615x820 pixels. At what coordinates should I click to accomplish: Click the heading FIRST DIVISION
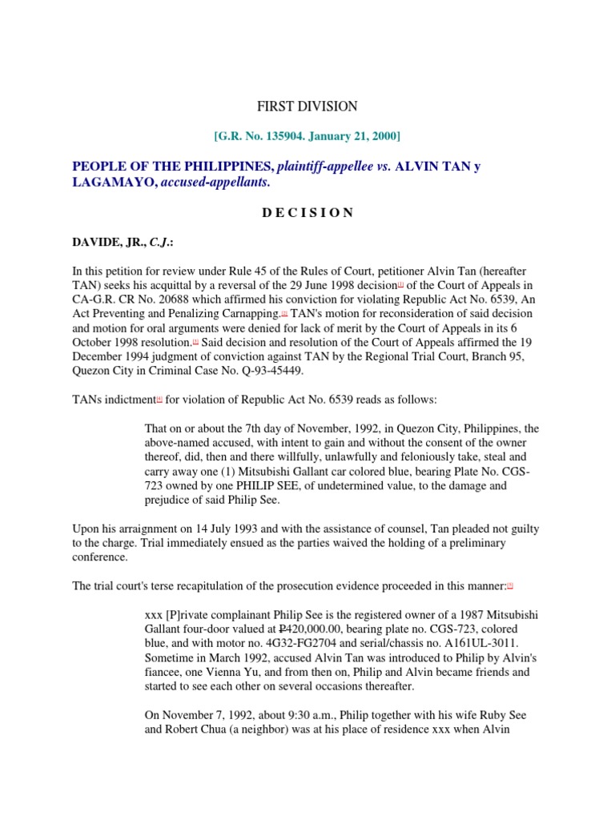click(307, 107)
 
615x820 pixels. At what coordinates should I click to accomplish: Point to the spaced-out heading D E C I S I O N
click(307, 212)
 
